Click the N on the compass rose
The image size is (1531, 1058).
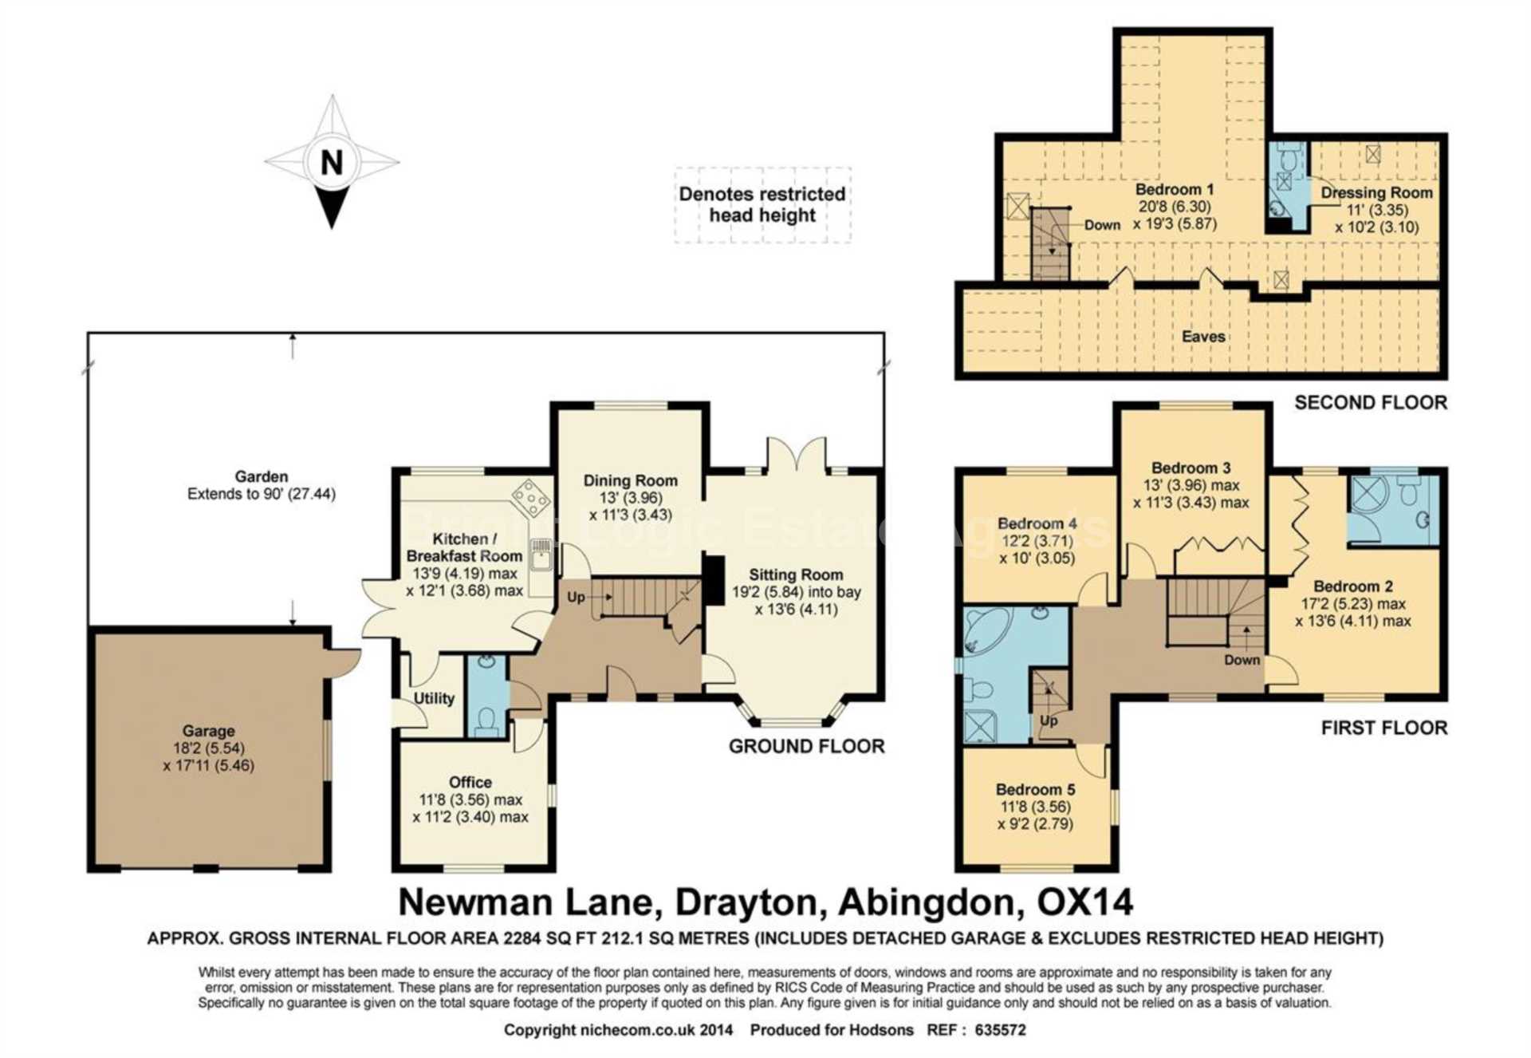[332, 163]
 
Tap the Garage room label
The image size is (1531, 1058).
[209, 731]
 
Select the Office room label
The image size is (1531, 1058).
[470, 782]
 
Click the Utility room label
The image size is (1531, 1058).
[434, 698]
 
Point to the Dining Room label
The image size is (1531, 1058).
[631, 480]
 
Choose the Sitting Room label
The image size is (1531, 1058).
[796, 574]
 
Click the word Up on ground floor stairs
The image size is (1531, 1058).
[576, 597]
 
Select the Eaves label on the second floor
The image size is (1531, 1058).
[1203, 337]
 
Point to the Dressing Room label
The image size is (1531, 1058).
[1377, 192]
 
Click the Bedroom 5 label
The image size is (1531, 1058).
[1035, 789]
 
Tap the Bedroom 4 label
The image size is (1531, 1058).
[1037, 523]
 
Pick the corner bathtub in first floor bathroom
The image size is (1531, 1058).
[986, 630]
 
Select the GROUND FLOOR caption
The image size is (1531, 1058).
[807, 746]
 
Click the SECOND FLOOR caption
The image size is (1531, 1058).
[1371, 402]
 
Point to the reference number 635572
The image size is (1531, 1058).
[1000, 1030]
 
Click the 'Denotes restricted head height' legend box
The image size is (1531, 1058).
[763, 204]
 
